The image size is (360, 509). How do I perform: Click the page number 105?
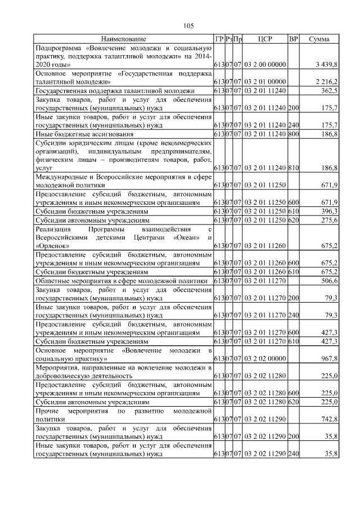(188, 26)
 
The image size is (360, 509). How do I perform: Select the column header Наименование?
(124, 39)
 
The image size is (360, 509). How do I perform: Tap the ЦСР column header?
(265, 39)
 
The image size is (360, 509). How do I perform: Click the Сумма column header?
(319, 39)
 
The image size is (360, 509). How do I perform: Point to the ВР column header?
(293, 39)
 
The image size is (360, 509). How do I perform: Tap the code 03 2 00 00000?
(265, 65)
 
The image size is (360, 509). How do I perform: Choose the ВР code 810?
(293, 168)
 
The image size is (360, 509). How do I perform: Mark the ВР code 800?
(293, 135)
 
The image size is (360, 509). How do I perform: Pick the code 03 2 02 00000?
(265, 358)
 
